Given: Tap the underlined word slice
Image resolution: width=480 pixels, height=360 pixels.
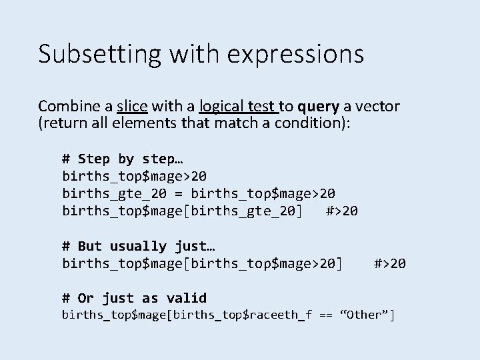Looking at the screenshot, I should tap(132, 106).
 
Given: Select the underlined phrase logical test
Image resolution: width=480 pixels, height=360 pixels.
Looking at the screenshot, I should tap(237, 106).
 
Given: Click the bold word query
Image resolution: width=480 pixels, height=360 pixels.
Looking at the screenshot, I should tap(318, 106).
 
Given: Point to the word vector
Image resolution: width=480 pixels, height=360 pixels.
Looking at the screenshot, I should tap(377, 106).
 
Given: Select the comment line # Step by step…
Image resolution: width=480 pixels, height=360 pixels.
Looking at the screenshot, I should tap(123, 159).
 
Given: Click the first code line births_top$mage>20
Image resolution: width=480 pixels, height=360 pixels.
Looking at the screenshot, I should tap(134, 176).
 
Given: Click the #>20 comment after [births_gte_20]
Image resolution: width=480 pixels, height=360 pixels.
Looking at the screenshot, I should tap(342, 211).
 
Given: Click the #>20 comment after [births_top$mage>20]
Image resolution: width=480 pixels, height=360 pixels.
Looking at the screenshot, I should tap(389, 263).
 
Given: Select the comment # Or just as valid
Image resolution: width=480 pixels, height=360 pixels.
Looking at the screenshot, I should tap(135, 298).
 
